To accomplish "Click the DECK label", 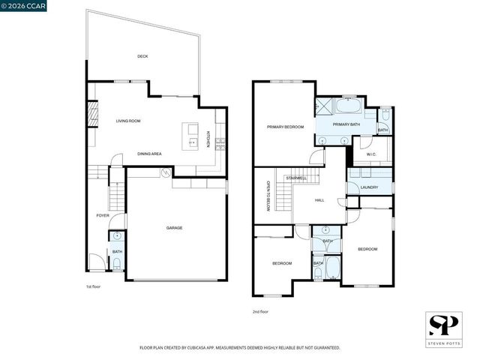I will [x=142, y=56].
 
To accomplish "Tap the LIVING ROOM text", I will [x=128, y=121].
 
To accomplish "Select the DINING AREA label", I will [x=149, y=154].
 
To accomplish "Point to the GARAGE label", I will [x=175, y=227].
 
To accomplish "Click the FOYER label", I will [x=103, y=215].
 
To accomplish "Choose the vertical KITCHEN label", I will [x=208, y=139].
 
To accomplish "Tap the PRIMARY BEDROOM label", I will [x=285, y=127].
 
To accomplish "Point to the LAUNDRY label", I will [x=368, y=187].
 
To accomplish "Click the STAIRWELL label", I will [x=296, y=178].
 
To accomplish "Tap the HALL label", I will [x=319, y=200].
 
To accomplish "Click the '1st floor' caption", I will [x=94, y=286].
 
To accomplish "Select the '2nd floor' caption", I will [x=260, y=311].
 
